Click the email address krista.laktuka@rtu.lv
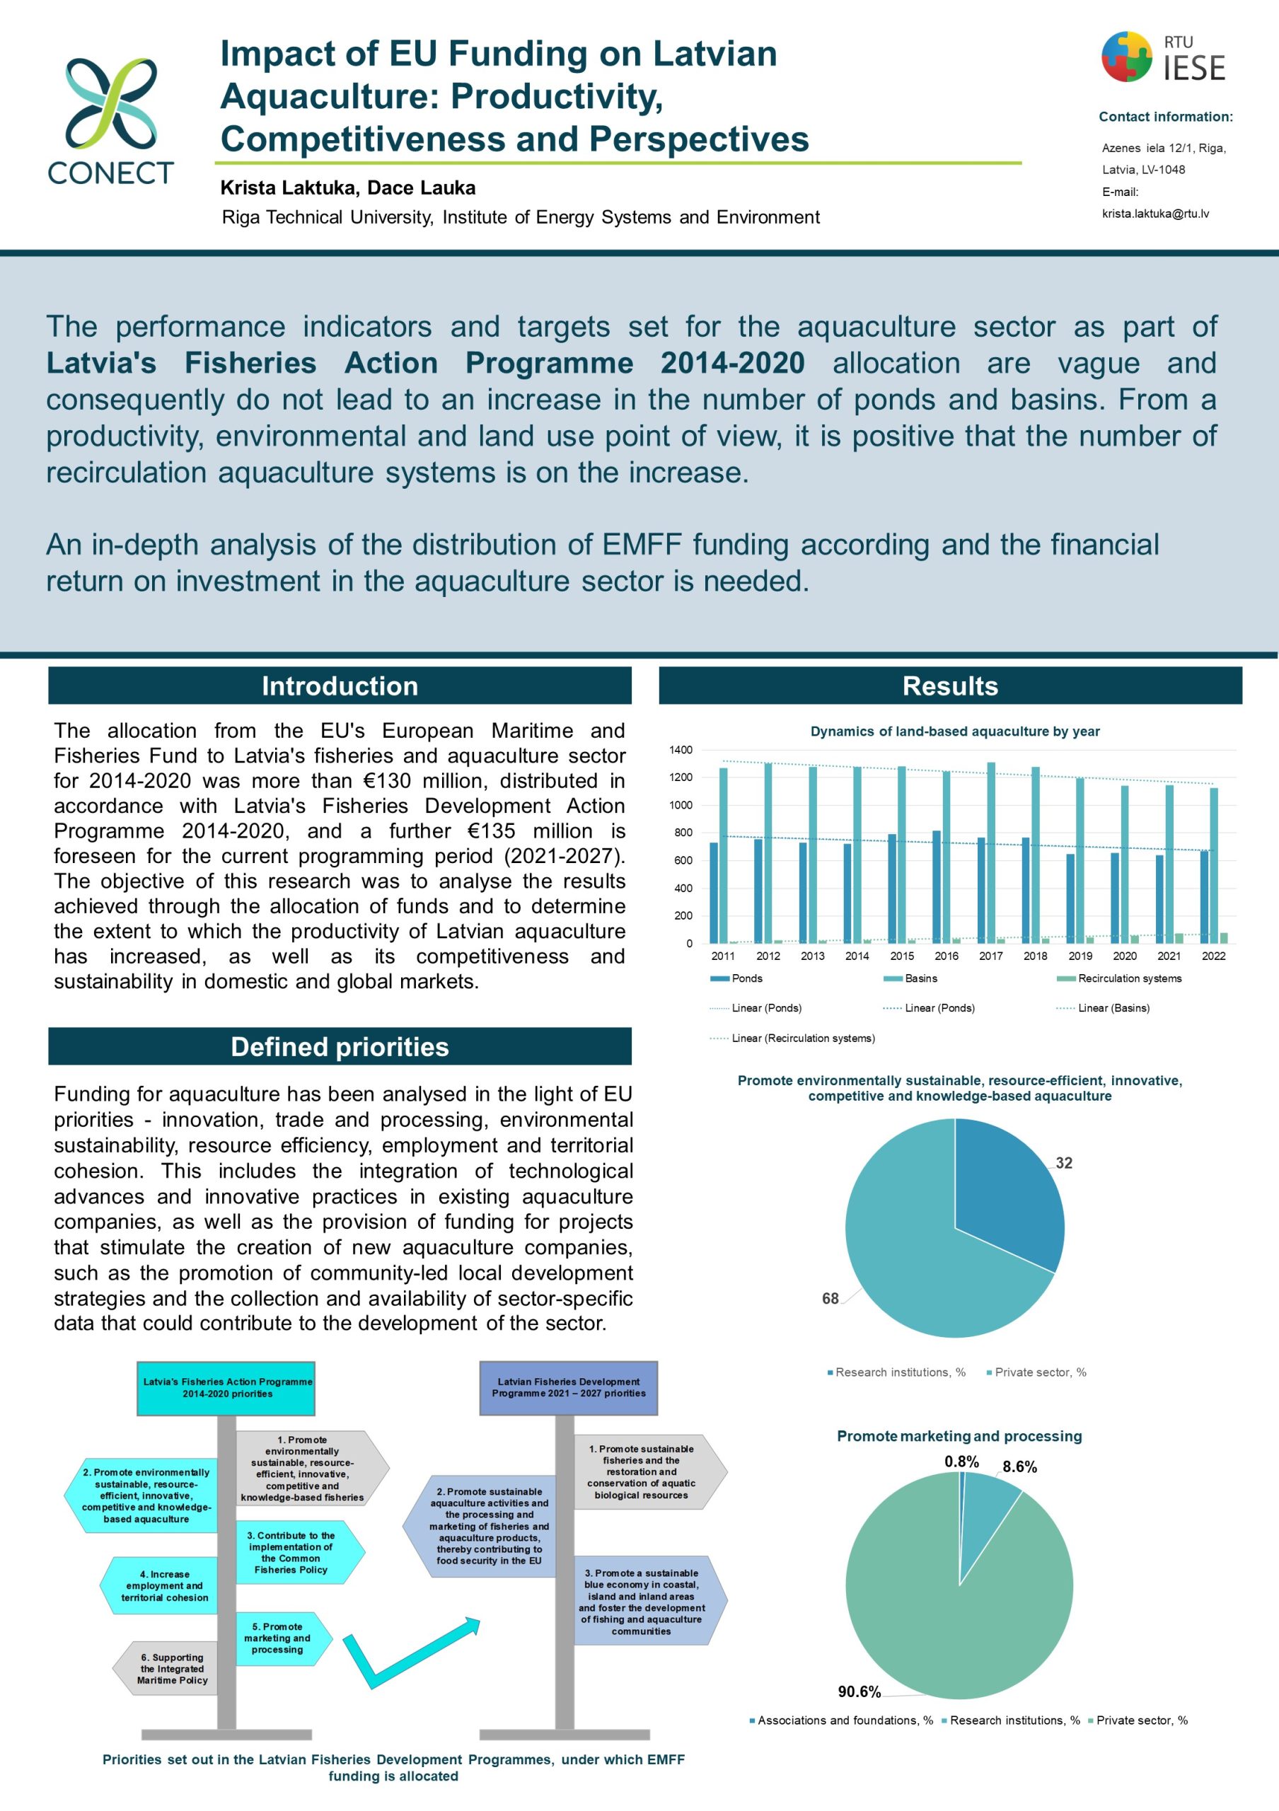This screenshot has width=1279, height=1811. pos(1155,214)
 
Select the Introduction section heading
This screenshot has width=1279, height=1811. pos(340,685)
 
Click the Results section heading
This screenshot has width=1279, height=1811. pos(950,685)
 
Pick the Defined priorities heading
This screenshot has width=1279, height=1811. pos(340,1047)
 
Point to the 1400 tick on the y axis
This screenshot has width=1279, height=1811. pos(681,749)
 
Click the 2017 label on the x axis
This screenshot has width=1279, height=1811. pos(990,956)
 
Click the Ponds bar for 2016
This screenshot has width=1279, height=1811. pos(937,886)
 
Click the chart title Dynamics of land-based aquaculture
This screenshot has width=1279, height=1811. pos(955,731)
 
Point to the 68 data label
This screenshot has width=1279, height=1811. pos(831,1298)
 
